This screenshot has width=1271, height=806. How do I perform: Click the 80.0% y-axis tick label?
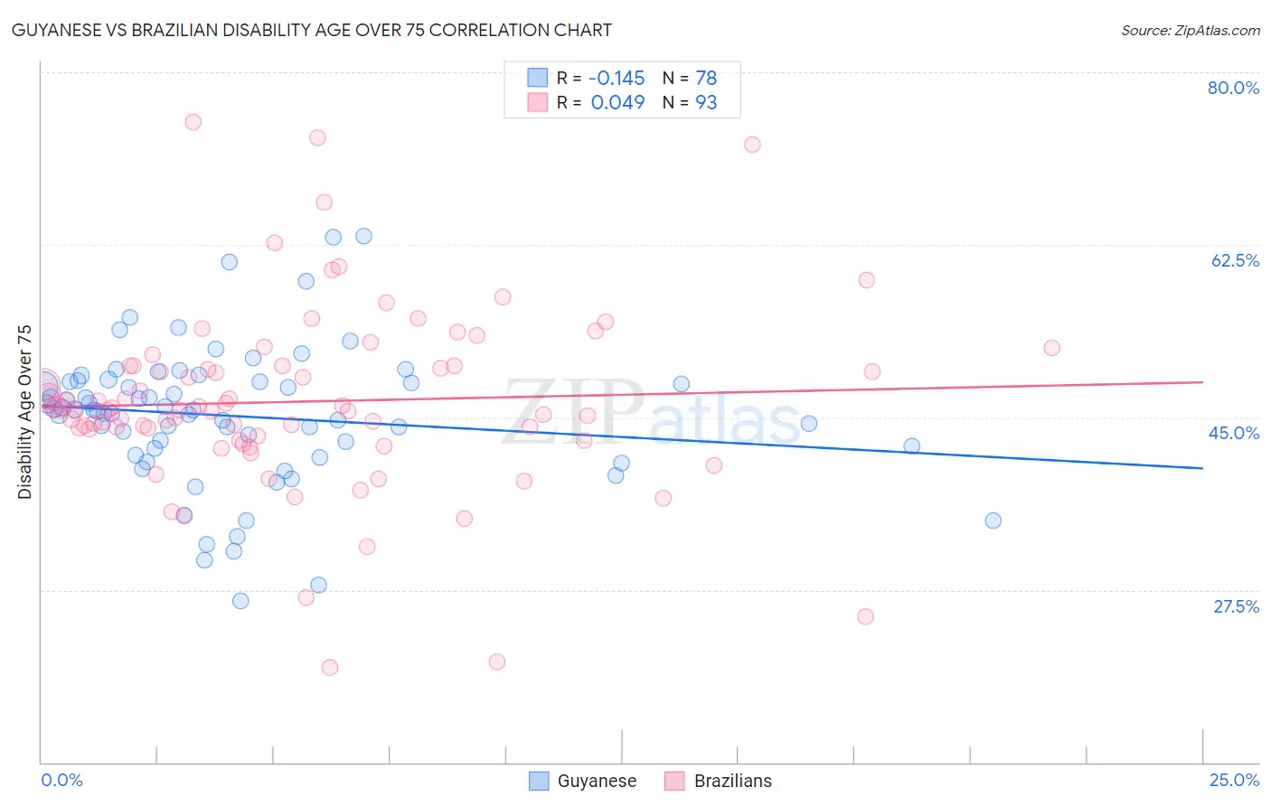(1233, 88)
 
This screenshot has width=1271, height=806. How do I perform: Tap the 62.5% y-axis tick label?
(1235, 260)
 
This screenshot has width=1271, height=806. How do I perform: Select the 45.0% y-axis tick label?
(1234, 433)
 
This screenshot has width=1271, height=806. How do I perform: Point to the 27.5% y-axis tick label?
(1236, 606)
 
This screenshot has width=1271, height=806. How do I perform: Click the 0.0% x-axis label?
(61, 780)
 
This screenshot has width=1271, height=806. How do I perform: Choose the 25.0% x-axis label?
(1234, 780)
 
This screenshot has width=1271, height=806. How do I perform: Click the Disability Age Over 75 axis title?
(24, 412)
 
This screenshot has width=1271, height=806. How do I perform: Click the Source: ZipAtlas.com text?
(1190, 31)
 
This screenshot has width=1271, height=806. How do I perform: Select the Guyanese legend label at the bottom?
(597, 781)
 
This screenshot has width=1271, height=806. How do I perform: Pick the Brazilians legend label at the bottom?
(732, 781)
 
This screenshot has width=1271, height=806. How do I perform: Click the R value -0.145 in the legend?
(617, 78)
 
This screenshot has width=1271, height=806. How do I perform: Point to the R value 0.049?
(617, 102)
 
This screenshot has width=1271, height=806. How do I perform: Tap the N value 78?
(706, 78)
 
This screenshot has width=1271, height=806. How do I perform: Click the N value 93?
(706, 102)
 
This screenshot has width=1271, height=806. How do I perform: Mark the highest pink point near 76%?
(193, 122)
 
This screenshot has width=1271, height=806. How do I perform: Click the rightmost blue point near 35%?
(993, 520)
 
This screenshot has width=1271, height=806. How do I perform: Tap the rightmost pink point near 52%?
(1051, 348)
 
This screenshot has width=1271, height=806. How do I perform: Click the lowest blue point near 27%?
(240, 601)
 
